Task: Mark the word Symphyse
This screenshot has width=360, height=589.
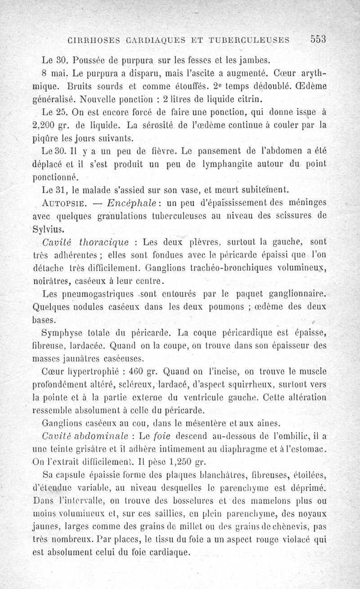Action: [60, 333]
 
